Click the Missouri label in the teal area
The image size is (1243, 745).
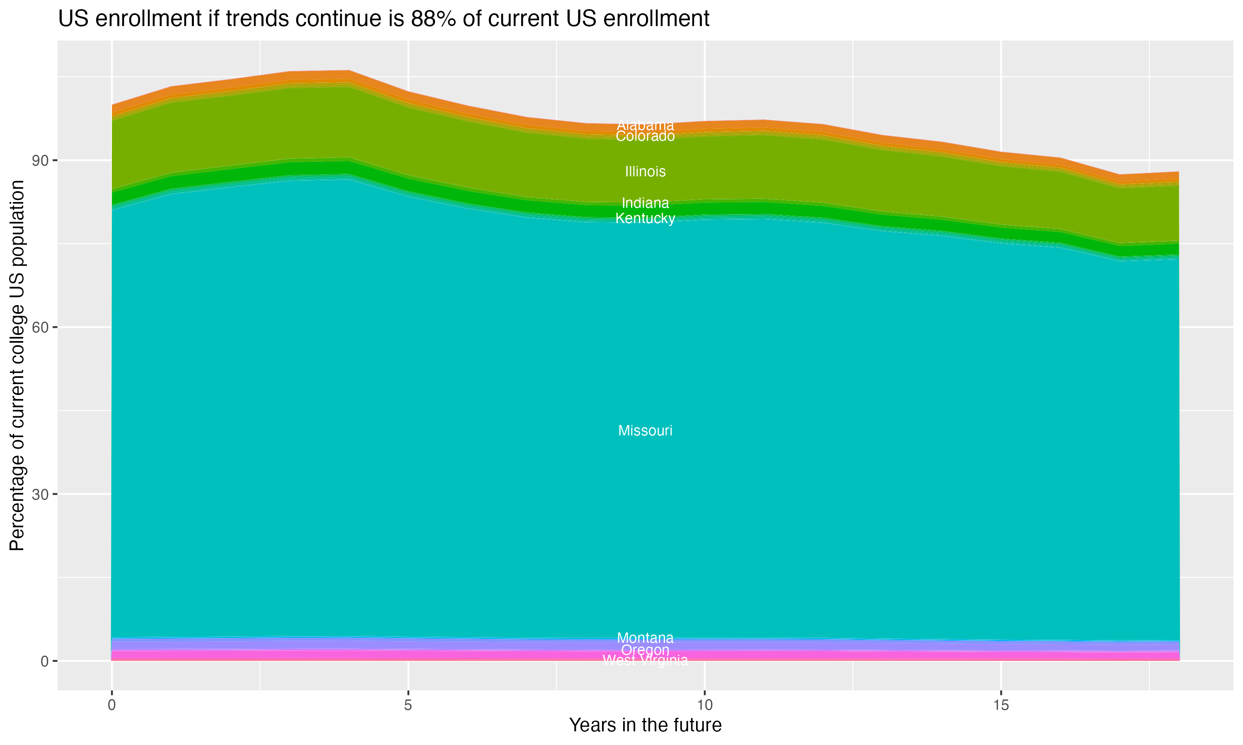645,431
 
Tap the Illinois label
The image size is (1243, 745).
645,172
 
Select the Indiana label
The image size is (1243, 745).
645,203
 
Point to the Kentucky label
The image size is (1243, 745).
645,219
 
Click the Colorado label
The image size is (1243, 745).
645,137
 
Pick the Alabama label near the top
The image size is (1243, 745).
645,125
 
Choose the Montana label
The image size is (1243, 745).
645,638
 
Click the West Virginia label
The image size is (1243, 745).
645,661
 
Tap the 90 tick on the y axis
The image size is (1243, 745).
41,161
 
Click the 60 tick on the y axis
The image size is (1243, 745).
41,327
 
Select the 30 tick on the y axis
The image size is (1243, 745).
41,495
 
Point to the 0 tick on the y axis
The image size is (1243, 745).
45,661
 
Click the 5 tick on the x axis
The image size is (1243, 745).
408,705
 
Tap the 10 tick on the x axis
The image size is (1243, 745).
704,705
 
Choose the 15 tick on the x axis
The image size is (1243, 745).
1001,705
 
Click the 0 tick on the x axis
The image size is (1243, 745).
111,705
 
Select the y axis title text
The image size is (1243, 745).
17,365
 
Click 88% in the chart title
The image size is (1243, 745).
433,19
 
